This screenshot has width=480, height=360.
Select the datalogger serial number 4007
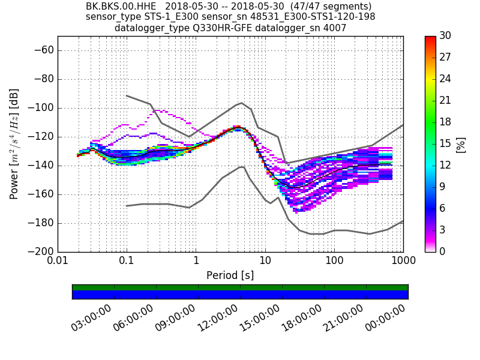[x=334, y=28]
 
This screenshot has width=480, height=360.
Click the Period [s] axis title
[x=230, y=275]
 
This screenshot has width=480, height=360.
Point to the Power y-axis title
[x=14, y=144]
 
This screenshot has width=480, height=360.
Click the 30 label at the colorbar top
[x=445, y=36]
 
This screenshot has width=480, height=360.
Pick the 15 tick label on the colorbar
[x=445, y=143]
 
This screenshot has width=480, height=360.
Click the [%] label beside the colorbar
[x=461, y=144]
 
